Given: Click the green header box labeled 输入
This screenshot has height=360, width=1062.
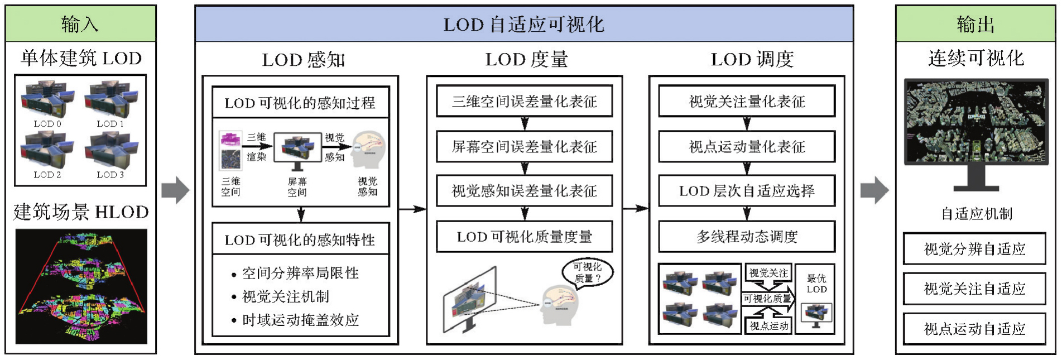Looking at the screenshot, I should click(80, 24).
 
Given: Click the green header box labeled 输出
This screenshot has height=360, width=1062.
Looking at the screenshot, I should click(975, 24).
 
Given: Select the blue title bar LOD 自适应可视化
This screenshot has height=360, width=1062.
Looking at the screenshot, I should click(523, 24).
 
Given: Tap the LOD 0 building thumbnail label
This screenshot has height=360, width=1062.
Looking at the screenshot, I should click(47, 124).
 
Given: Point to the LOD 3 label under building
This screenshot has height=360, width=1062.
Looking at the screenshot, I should click(110, 175).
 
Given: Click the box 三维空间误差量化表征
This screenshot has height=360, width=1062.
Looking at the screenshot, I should click(524, 101).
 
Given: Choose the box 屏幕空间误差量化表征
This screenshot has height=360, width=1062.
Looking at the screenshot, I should click(524, 147).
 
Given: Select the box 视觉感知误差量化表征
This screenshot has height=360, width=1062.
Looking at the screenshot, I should click(524, 191).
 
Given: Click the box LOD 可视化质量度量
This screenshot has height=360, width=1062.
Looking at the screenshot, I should click(524, 237).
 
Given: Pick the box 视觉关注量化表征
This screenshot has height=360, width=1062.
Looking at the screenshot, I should click(747, 101).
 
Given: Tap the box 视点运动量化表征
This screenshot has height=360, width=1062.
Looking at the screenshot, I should click(747, 147).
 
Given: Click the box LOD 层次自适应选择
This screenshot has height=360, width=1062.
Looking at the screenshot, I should click(747, 191).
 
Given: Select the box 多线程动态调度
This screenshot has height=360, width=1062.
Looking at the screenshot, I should click(747, 237).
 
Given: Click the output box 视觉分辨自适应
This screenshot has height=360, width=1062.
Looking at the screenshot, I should click(974, 249).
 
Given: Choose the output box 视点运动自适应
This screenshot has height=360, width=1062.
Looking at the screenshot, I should click(974, 329).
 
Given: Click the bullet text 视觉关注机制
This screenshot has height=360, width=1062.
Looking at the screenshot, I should click(286, 297).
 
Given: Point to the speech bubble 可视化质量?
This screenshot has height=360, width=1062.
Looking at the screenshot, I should click(587, 272).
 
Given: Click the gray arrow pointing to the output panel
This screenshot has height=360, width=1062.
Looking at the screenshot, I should click(874, 190).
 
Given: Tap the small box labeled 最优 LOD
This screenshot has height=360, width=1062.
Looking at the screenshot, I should click(816, 284).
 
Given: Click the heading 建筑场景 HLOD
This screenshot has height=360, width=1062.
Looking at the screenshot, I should click(81, 212).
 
